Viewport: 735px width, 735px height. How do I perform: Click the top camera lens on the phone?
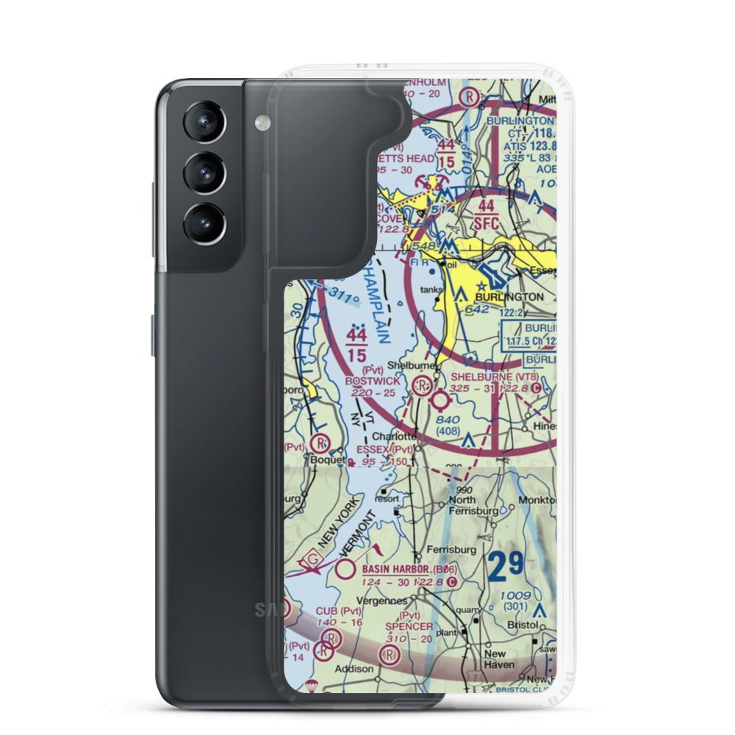click(x=202, y=121)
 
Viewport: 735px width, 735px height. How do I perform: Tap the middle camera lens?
click(x=202, y=173)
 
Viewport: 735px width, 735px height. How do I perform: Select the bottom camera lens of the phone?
click(x=202, y=224)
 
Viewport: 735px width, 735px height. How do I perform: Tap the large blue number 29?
click(x=506, y=564)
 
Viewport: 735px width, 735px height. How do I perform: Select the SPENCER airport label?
click(x=409, y=626)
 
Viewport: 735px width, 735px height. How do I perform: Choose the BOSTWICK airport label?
click(x=375, y=381)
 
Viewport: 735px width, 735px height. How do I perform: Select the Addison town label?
click(x=355, y=670)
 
